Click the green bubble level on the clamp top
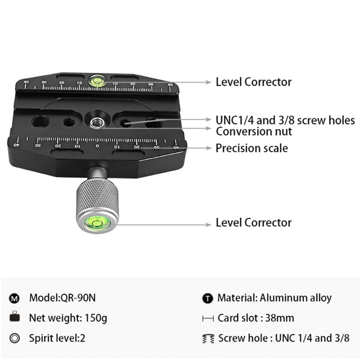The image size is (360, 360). pyautogui.click(x=97, y=81)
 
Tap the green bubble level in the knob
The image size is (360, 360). pyautogui.click(x=97, y=223)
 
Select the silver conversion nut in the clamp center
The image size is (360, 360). pyautogui.click(x=97, y=123)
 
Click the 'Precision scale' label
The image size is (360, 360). pyautogui.click(x=252, y=148)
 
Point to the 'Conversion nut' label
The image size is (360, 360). pyautogui.click(x=254, y=131)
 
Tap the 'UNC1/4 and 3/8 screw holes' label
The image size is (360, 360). pyautogui.click(x=285, y=120)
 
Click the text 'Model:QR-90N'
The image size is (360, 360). pyautogui.click(x=62, y=298)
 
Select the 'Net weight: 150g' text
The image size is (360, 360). pyautogui.click(x=68, y=318)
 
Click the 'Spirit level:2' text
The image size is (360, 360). pyautogui.click(x=57, y=338)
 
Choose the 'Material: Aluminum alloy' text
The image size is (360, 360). pyautogui.click(x=274, y=298)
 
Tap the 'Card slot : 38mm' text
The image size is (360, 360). pyautogui.click(x=256, y=318)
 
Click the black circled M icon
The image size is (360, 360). pyautogui.click(x=14, y=298)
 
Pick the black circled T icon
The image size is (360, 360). pyautogui.click(x=207, y=298)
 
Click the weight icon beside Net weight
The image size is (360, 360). pyautogui.click(x=14, y=316)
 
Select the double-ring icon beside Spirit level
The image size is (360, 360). pyautogui.click(x=15, y=338)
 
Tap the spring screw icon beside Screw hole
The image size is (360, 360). pyautogui.click(x=208, y=338)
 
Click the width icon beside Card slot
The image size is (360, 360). pyautogui.click(x=208, y=319)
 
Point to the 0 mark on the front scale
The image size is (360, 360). pyautogui.click(x=97, y=146)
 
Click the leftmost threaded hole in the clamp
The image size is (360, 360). pyautogui.click(x=40, y=121)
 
